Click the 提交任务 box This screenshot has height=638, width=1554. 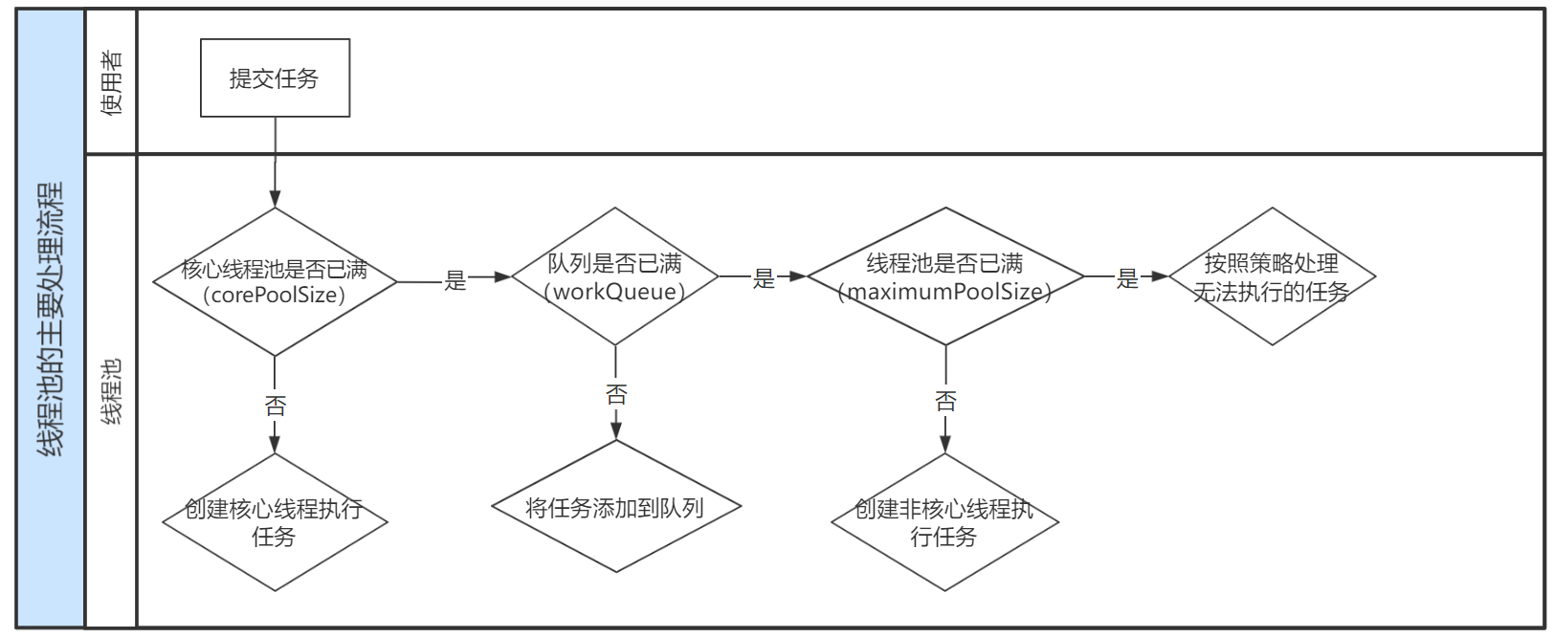[x=275, y=78]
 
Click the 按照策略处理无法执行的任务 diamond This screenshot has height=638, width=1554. [x=1272, y=276]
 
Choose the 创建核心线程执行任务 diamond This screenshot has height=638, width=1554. [x=275, y=522]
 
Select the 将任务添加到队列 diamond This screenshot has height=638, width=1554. [x=615, y=507]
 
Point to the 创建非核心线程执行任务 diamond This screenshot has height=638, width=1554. [x=945, y=522]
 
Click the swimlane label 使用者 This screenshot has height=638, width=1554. [x=112, y=82]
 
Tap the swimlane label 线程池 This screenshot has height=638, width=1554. [x=112, y=390]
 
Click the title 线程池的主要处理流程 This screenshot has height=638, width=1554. [x=51, y=319]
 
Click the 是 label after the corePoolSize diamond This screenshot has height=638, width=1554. [x=455, y=280]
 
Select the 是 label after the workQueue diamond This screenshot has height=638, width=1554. [x=764, y=278]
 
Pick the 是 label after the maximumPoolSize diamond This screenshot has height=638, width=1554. [x=1128, y=278]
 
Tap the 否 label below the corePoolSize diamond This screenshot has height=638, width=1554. [x=276, y=406]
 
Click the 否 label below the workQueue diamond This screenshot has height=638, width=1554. [x=616, y=394]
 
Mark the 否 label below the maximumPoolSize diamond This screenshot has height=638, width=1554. [x=945, y=401]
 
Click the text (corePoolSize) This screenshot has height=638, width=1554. [x=275, y=295]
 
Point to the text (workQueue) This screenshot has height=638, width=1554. [x=615, y=292]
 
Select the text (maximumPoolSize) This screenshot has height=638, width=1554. [x=945, y=292]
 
